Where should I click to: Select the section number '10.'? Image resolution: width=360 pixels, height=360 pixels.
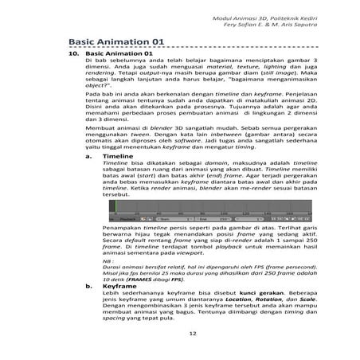72,54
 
